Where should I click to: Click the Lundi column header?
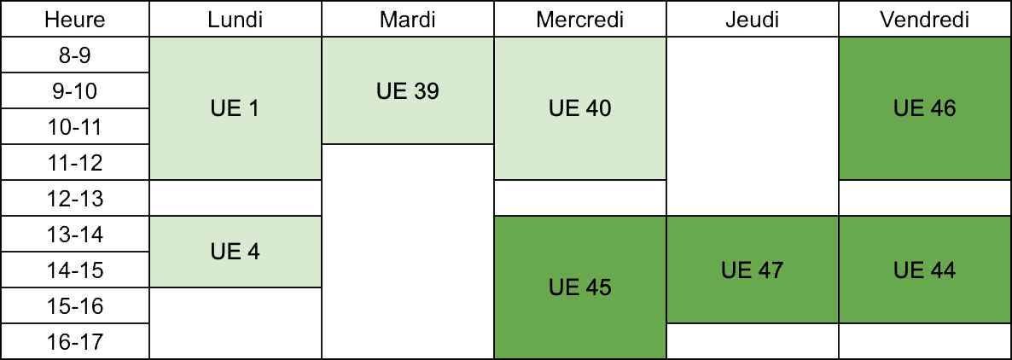pyautogui.click(x=235, y=20)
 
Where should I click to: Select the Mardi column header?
pyautogui.click(x=408, y=20)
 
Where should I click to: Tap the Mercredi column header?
pyautogui.click(x=580, y=20)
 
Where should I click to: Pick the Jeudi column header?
pyautogui.click(x=753, y=20)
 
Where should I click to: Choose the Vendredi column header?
pyautogui.click(x=925, y=20)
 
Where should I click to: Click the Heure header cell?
pyautogui.click(x=75, y=20)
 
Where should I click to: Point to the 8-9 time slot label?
pyautogui.click(x=75, y=55)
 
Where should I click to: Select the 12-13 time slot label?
pyautogui.click(x=75, y=198)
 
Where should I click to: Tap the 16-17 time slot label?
pyautogui.click(x=75, y=341)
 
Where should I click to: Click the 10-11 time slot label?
pyautogui.click(x=75, y=126)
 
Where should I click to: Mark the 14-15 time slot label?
pyautogui.click(x=75, y=270)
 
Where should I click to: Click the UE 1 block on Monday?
pyautogui.click(x=235, y=108)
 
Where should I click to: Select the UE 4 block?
pyautogui.click(x=235, y=252)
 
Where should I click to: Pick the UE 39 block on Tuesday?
pyautogui.click(x=408, y=91)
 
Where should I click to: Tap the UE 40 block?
pyautogui.click(x=580, y=108)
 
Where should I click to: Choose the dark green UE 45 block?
pyautogui.click(x=580, y=287)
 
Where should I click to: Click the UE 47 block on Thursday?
pyautogui.click(x=753, y=270)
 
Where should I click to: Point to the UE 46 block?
pyautogui.click(x=925, y=108)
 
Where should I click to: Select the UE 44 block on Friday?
pyautogui.click(x=925, y=270)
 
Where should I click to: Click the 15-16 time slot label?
pyautogui.click(x=75, y=305)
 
